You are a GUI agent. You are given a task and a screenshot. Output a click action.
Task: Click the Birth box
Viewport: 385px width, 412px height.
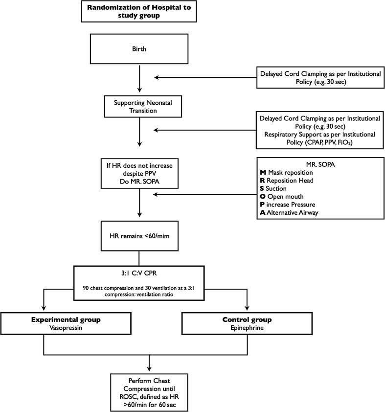pyautogui.click(x=139, y=49)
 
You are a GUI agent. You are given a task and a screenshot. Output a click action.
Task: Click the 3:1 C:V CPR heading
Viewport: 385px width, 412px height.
pyautogui.click(x=139, y=274)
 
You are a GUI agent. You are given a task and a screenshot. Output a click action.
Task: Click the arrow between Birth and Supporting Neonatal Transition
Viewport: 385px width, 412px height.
pyautogui.click(x=139, y=79)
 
